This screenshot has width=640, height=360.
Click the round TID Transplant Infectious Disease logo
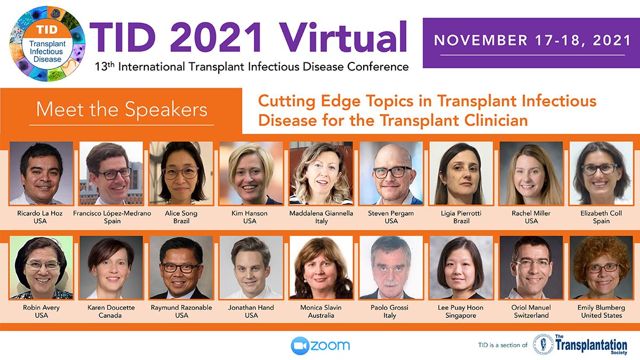click(47, 44)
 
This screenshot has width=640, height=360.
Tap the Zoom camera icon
click(300, 346)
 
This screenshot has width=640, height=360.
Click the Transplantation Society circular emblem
click(543, 345)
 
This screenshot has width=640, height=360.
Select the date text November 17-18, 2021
click(532, 41)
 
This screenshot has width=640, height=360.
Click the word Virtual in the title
click(343, 37)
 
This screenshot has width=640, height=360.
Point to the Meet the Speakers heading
click(122, 109)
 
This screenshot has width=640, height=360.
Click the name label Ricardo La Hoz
click(39, 213)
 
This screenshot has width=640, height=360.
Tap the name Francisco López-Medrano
click(112, 213)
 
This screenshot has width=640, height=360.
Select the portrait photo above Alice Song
click(181, 173)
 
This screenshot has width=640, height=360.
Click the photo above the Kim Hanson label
click(251, 173)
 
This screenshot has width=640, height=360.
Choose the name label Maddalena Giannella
click(321, 213)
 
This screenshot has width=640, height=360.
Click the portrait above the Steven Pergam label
click(391, 173)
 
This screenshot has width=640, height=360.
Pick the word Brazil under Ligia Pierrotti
click(461, 221)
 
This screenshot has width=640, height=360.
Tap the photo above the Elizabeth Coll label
click(601, 173)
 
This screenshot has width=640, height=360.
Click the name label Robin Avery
click(41, 308)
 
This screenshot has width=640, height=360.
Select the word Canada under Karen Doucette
click(110, 315)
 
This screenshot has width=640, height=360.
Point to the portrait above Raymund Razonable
click(181, 267)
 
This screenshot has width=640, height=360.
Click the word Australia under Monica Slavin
click(321, 315)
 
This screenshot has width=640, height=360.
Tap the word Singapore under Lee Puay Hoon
click(461, 315)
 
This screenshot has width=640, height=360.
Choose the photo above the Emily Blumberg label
click(601, 267)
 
